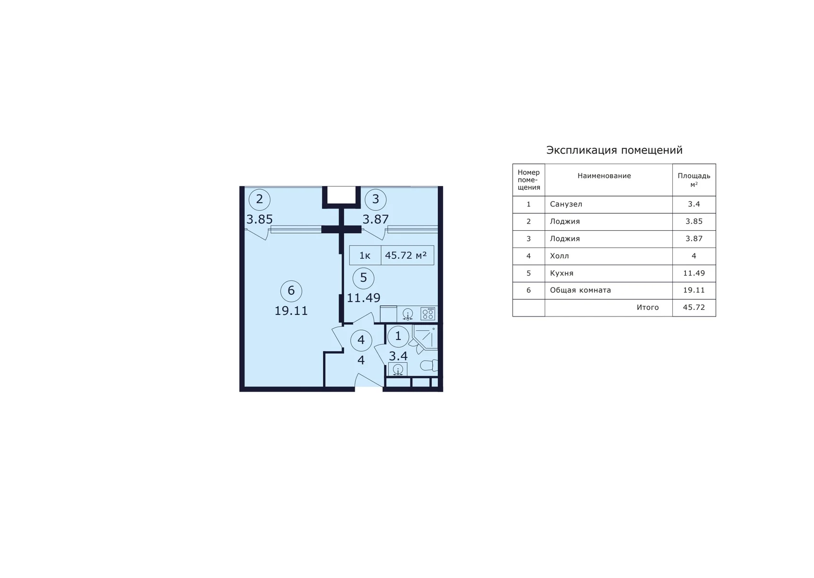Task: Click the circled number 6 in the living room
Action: pos(291,291)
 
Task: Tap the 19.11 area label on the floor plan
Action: pos(291,311)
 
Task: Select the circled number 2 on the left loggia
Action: pos(260,199)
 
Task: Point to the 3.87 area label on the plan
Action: pos(376,220)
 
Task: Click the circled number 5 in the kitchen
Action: pos(363,278)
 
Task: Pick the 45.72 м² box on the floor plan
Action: pos(407,255)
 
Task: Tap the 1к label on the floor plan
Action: pos(365,256)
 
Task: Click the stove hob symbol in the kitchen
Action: pos(428,314)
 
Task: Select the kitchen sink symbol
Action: pos(408,314)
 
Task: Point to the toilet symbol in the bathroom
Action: pos(429,365)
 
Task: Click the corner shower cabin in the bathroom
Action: pos(425,337)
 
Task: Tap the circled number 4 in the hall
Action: pos(361,341)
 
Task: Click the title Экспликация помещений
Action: pos(615,150)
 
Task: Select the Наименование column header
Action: pos(604,176)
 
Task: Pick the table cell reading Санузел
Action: pos(566,204)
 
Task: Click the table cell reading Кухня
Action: pos(562,273)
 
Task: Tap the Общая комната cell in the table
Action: pos(580,290)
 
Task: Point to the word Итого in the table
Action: pos(647,307)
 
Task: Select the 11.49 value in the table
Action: pos(694,273)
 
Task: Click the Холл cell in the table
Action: pos(559,256)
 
